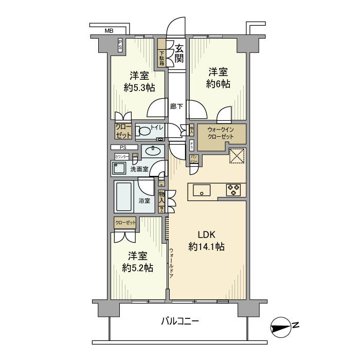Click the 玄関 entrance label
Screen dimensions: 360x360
click(x=179, y=53)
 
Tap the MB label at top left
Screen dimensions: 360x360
click(x=109, y=31)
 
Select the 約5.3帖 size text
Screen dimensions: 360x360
click(x=139, y=87)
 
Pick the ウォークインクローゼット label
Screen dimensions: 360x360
click(x=221, y=133)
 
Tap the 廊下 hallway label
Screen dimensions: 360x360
click(x=177, y=106)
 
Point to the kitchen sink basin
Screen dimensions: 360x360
click(x=202, y=192)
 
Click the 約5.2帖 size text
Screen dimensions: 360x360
click(x=138, y=267)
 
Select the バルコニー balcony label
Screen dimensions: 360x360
click(x=180, y=321)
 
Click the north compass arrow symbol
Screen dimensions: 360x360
click(x=281, y=326)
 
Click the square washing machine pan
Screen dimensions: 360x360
click(x=119, y=169)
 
